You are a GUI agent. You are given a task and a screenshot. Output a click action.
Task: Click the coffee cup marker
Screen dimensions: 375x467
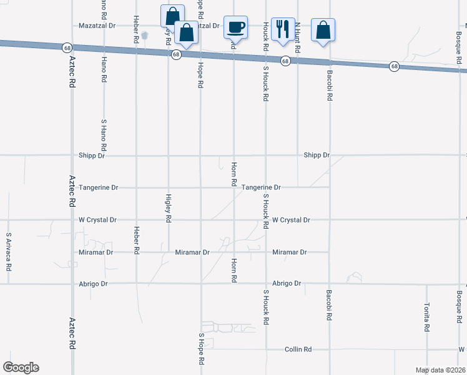point(235,28)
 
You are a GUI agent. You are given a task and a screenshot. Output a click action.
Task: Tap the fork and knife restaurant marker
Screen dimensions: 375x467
point(283,29)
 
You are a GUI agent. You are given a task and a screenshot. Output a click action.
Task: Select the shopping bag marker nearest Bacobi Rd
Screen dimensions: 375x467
point(323,31)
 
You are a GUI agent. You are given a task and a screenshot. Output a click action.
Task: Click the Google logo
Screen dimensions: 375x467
point(21,367)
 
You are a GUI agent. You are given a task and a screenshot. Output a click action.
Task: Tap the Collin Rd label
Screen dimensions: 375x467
point(298,349)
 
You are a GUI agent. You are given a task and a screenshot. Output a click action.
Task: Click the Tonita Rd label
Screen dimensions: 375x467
point(427,318)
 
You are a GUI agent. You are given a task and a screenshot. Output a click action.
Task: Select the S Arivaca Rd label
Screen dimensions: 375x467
point(9,252)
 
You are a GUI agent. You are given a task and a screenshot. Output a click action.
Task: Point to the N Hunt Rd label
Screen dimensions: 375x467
point(298,37)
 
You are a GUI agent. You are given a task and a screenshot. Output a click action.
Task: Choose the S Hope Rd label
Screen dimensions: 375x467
point(202,349)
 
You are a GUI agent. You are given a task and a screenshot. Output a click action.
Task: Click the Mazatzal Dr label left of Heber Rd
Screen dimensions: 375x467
point(97,26)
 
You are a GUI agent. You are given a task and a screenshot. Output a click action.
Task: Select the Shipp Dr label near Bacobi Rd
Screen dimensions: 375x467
point(317,155)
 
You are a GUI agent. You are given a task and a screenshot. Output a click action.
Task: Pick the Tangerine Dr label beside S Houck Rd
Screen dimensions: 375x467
point(262,187)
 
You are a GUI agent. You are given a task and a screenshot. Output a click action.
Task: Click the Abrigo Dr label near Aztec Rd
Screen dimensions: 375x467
point(94,284)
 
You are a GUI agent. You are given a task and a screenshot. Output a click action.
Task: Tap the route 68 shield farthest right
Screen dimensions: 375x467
point(395,66)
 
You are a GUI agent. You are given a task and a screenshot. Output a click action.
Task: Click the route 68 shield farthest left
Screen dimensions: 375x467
point(66,47)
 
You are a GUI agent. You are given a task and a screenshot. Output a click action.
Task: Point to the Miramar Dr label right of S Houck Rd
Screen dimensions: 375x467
point(290,252)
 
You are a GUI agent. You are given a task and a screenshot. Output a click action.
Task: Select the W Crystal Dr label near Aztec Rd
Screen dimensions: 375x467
point(98,220)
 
